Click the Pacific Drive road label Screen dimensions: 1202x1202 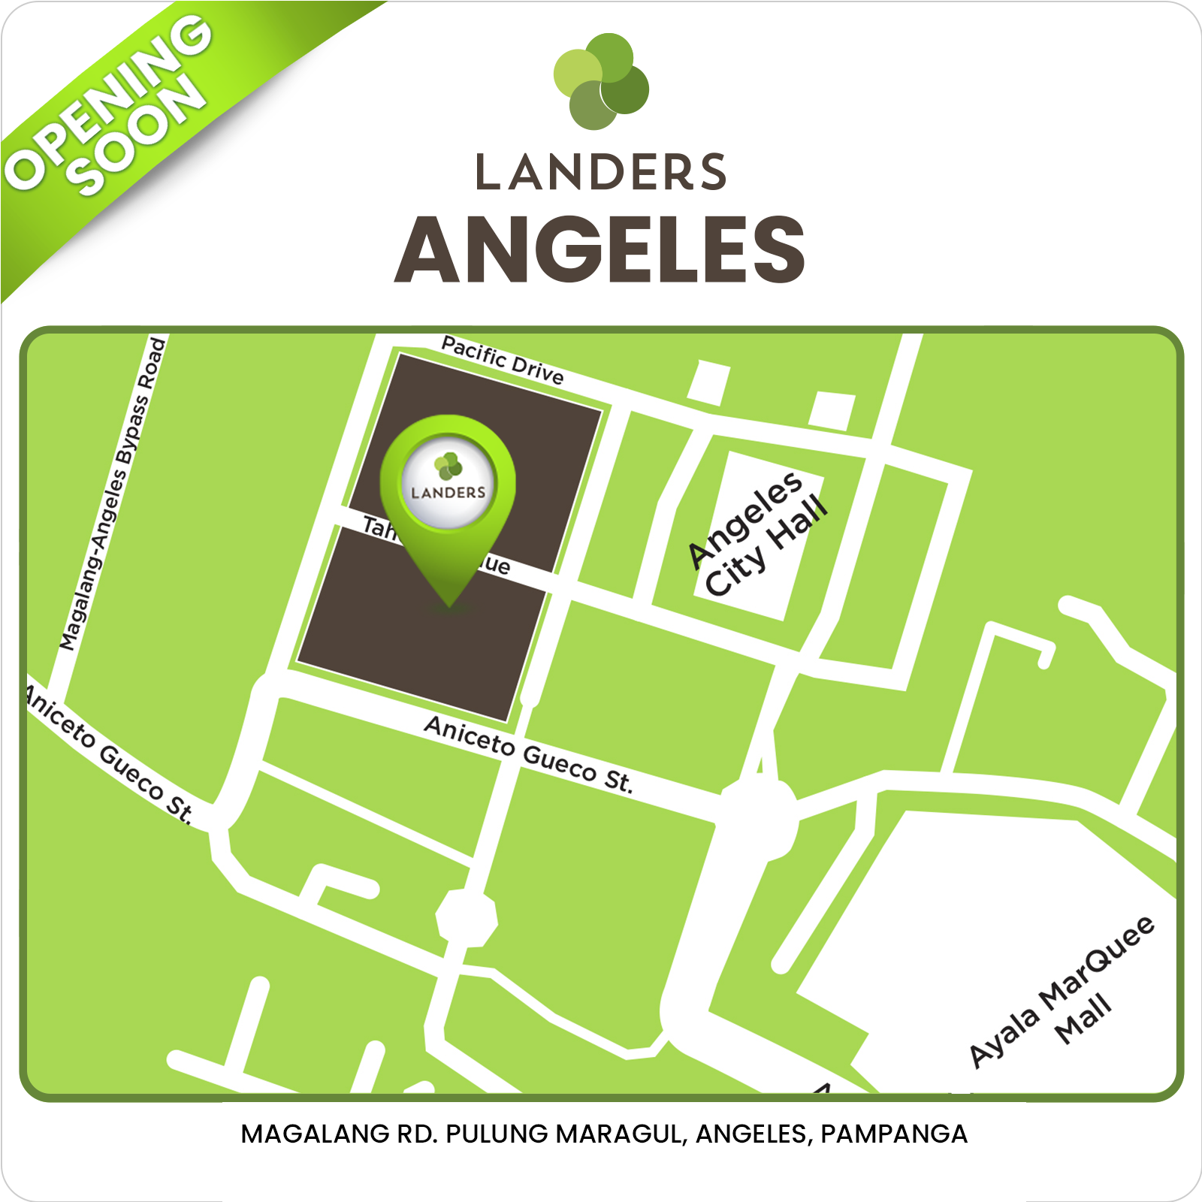pos(502,361)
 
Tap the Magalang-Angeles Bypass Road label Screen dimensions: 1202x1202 pos(113,493)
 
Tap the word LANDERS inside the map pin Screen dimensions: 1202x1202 pos(448,493)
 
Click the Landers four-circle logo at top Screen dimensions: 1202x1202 pos(601,80)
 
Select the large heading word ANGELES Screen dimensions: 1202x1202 pos(599,249)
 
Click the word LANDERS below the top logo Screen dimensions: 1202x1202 pos(601,172)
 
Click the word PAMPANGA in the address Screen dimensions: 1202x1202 pos(893,1134)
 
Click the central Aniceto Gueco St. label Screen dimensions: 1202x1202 pos(528,754)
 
